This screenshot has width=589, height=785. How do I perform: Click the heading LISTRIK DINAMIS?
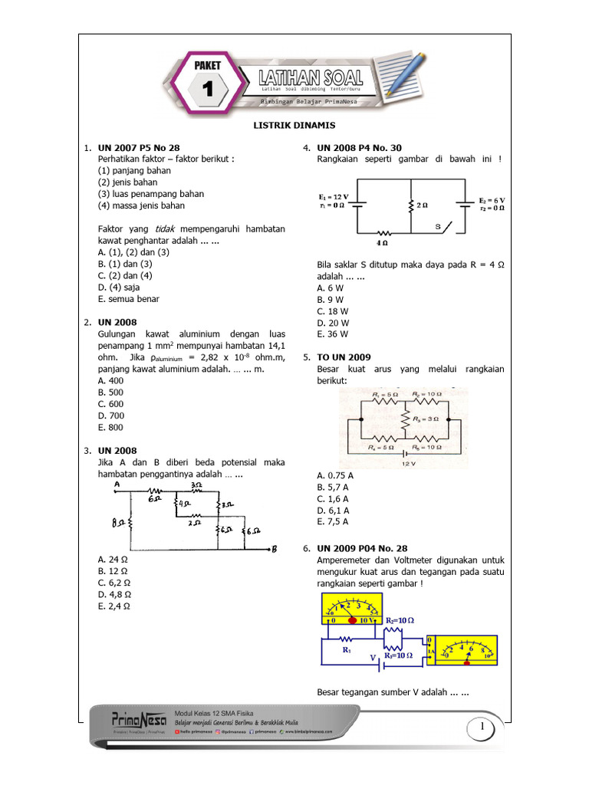(294, 125)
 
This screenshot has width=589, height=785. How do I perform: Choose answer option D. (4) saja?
(119, 287)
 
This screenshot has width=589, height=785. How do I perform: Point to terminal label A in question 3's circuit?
(117, 484)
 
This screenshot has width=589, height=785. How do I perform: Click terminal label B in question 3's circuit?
(273, 548)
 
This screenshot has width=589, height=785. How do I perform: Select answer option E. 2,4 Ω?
(114, 606)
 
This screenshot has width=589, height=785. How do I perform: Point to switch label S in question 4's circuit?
(438, 228)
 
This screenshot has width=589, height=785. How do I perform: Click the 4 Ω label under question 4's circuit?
(383, 242)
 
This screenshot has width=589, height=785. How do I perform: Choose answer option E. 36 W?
(332, 334)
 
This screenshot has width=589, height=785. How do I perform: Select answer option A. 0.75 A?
(335, 475)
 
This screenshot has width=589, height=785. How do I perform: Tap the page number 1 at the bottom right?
(482, 726)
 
